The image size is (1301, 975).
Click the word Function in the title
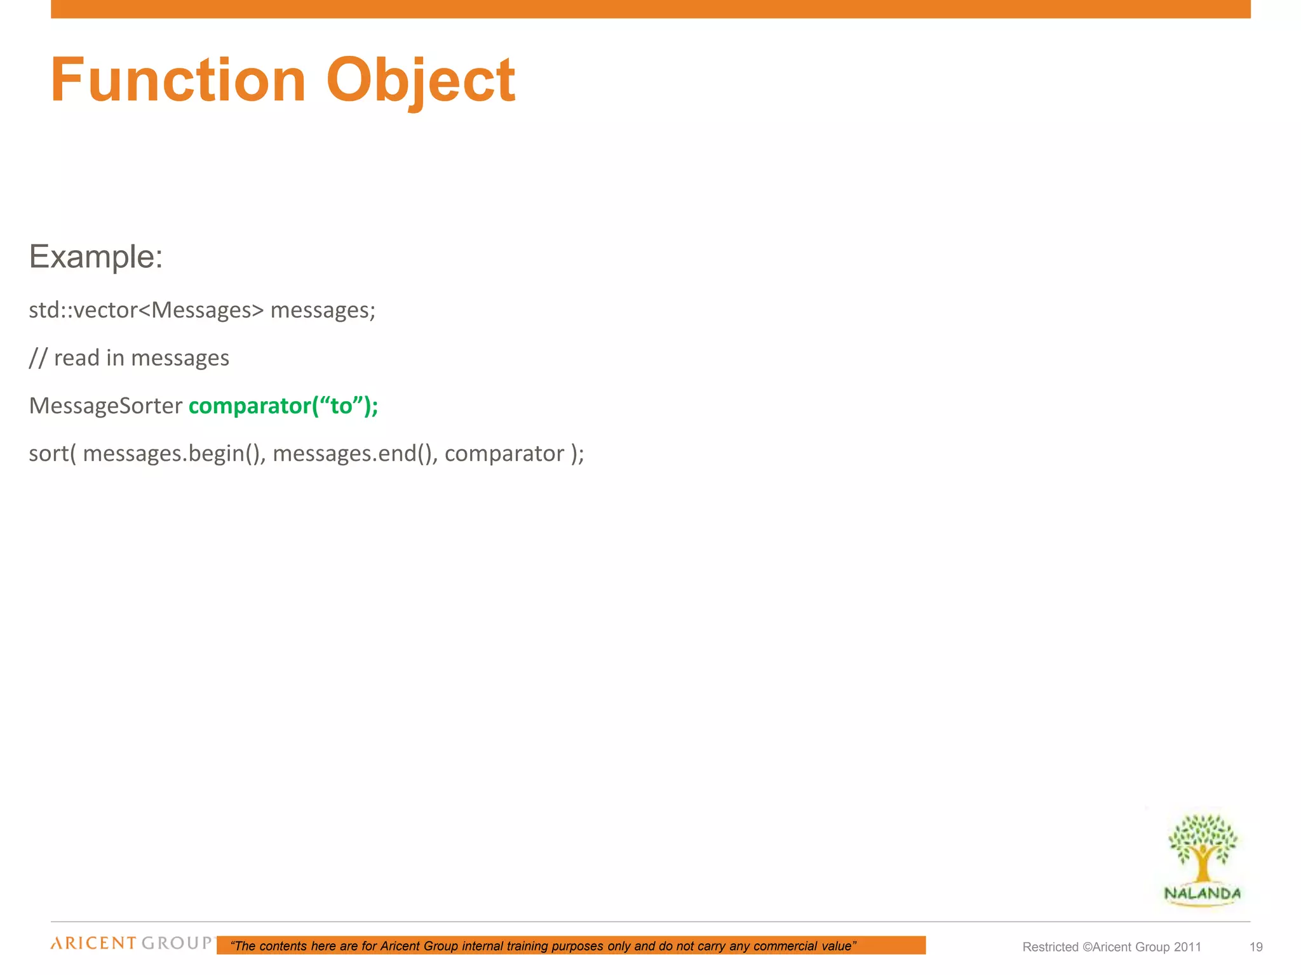click(x=179, y=80)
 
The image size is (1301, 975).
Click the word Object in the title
click(x=421, y=80)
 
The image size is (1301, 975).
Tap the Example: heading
click(x=96, y=257)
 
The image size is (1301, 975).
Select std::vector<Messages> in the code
click(x=146, y=310)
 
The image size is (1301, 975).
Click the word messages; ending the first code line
click(x=323, y=310)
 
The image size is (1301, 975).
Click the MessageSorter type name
click(x=105, y=406)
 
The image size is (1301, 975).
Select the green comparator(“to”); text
click(x=283, y=406)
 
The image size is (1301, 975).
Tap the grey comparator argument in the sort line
click(x=504, y=454)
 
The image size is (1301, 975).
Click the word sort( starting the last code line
click(x=52, y=454)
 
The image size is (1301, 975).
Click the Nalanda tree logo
click(x=1203, y=847)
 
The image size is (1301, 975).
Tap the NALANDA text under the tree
click(x=1202, y=894)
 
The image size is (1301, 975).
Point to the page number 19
click(x=1256, y=947)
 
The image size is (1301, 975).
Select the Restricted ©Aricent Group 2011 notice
click(x=1112, y=947)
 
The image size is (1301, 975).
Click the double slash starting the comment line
click(x=37, y=358)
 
